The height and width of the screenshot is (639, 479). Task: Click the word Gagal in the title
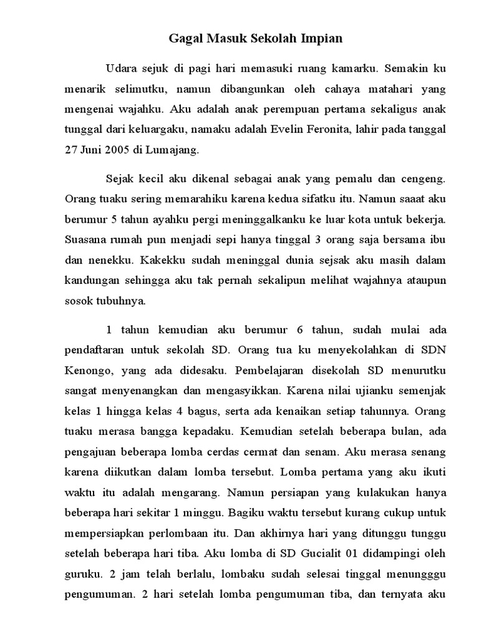coord(185,39)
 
